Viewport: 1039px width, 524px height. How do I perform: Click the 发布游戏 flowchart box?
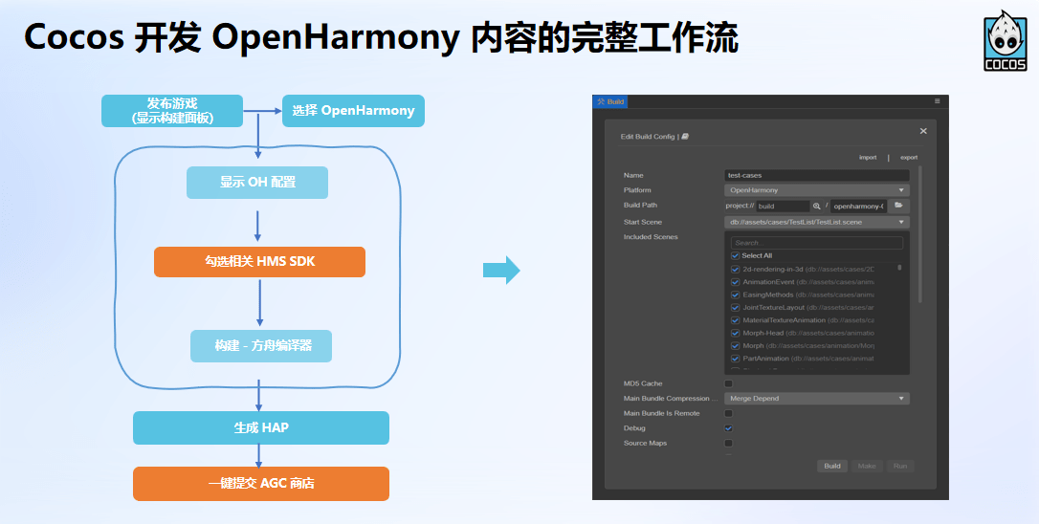tap(172, 110)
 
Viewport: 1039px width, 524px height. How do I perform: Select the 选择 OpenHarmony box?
tap(353, 110)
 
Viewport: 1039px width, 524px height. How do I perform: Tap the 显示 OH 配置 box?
tap(257, 183)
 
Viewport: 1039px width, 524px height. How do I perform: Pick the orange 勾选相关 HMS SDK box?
tap(259, 261)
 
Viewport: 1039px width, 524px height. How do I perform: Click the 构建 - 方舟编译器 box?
tap(261, 345)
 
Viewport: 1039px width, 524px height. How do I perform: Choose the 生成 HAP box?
tap(261, 427)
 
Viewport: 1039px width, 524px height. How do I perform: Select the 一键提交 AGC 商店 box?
tap(261, 483)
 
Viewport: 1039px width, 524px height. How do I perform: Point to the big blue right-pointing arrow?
tap(501, 271)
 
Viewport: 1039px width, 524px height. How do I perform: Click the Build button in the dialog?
tap(832, 466)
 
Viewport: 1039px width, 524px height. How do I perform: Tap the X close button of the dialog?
tap(923, 131)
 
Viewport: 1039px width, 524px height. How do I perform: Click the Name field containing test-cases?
tap(817, 175)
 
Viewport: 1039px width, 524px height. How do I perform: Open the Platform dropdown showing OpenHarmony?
tap(817, 190)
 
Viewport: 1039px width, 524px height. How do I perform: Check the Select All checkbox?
tap(735, 256)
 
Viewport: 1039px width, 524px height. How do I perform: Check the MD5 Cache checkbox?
tap(728, 383)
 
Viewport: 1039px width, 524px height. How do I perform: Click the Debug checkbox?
tap(728, 428)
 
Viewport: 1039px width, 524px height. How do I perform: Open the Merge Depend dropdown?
tap(817, 399)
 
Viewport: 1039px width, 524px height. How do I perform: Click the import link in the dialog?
tap(868, 157)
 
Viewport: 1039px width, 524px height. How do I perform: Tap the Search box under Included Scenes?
tap(816, 243)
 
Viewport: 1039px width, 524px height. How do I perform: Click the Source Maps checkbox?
tap(728, 444)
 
